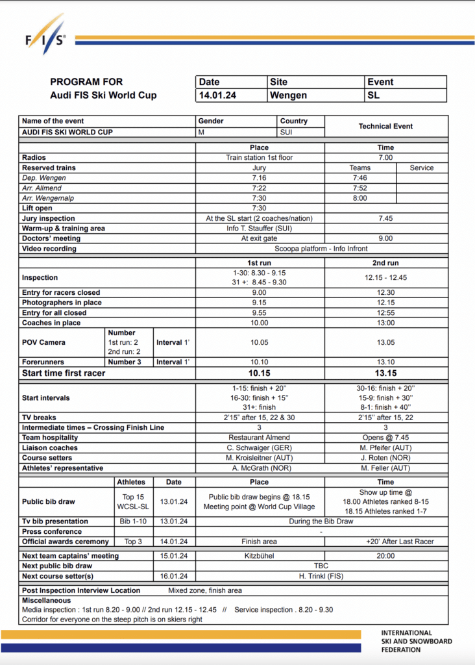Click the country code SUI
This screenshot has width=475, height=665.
point(286,132)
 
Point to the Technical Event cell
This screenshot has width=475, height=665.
point(385,126)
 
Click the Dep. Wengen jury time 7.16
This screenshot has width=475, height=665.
point(259,178)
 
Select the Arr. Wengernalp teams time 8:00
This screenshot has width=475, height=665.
point(360,198)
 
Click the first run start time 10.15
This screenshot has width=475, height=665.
point(259,373)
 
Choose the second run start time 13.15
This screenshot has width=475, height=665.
point(385,373)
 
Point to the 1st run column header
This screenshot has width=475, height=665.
point(259,263)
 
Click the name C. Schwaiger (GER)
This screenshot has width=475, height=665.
point(259,447)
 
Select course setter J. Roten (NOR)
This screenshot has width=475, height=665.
point(385,458)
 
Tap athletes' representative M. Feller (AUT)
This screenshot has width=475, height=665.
point(385,468)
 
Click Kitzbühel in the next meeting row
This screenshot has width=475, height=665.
point(259,556)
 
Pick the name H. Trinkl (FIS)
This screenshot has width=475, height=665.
point(385,576)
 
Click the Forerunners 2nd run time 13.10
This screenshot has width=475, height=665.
point(385,362)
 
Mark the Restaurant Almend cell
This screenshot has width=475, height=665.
point(259,438)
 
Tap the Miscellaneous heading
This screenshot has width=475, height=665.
point(47,601)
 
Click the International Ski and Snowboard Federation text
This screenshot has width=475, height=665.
point(416,641)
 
